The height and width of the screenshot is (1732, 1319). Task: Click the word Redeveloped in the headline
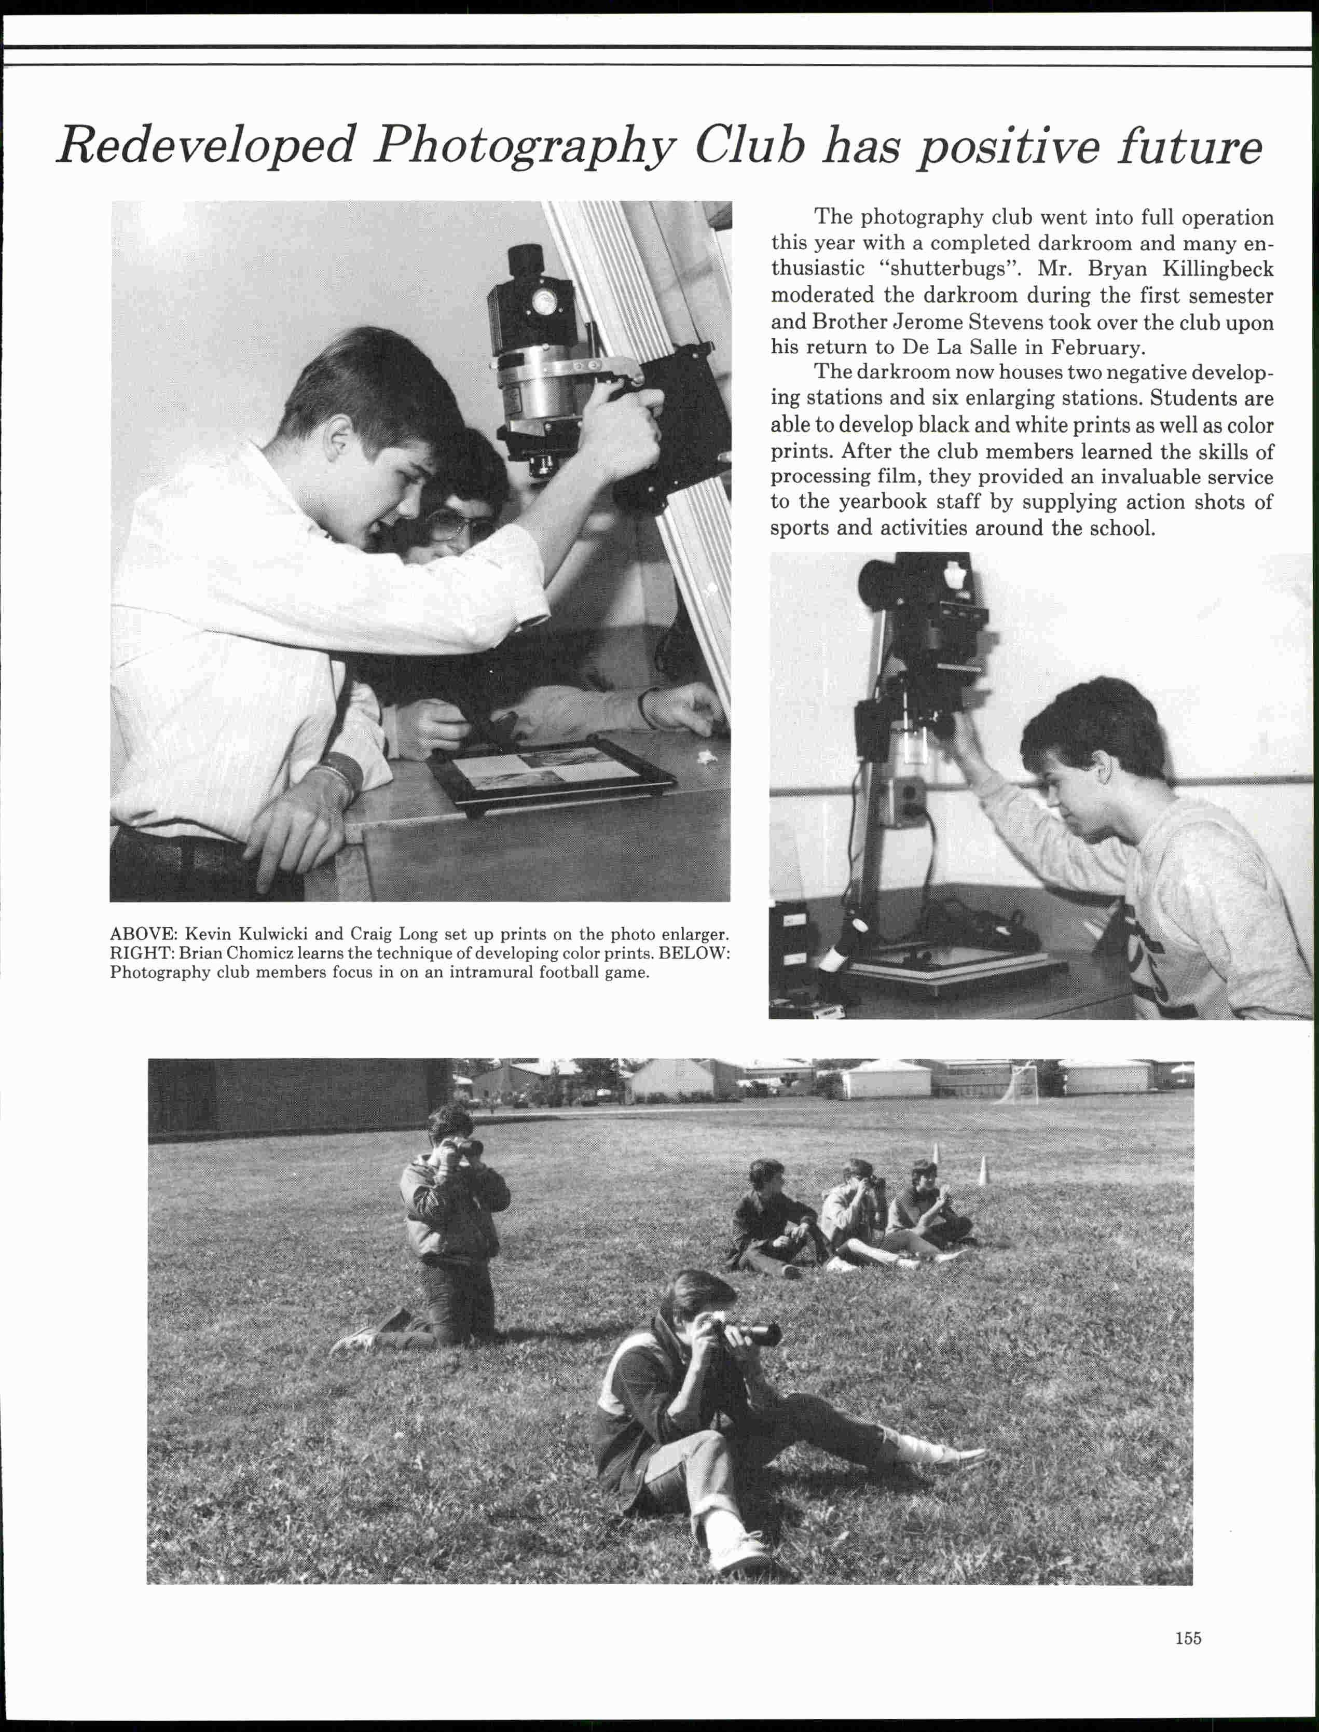(207, 146)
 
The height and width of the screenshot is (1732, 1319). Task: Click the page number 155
(1188, 1616)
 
